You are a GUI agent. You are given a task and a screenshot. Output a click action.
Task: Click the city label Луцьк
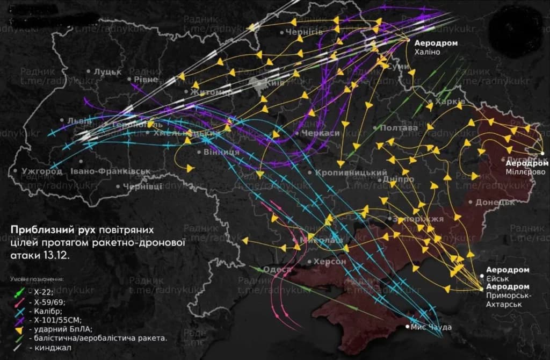tap(107, 71)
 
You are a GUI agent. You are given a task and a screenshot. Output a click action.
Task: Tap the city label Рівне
tap(146, 80)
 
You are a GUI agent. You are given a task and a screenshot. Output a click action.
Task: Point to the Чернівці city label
tap(142, 186)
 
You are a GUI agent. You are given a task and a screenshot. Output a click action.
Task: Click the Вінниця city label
tap(221, 152)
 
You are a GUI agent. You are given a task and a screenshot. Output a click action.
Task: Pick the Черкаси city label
tap(321, 133)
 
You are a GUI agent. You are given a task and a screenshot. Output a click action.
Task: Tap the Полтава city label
tap(398, 128)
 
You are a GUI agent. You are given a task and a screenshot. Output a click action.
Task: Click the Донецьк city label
tap(495, 202)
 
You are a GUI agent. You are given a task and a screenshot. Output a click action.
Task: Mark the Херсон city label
tap(329, 261)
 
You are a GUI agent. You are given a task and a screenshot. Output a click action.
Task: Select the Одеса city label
tap(278, 269)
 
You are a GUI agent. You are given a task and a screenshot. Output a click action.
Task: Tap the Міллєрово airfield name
tap(525, 171)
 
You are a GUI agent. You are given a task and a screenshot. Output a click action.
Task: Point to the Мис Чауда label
tap(431, 327)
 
